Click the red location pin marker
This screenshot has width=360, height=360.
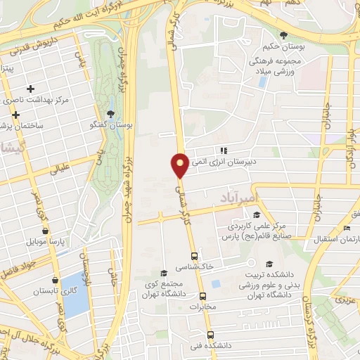180,165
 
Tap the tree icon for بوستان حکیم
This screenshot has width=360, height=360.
283,35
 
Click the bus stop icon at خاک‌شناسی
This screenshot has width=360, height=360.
195,256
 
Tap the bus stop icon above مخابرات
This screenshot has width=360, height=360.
203,296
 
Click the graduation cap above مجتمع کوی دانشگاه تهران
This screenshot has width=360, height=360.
163,273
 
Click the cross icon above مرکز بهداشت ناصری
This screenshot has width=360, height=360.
30,89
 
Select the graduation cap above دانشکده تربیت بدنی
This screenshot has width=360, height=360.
268,263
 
